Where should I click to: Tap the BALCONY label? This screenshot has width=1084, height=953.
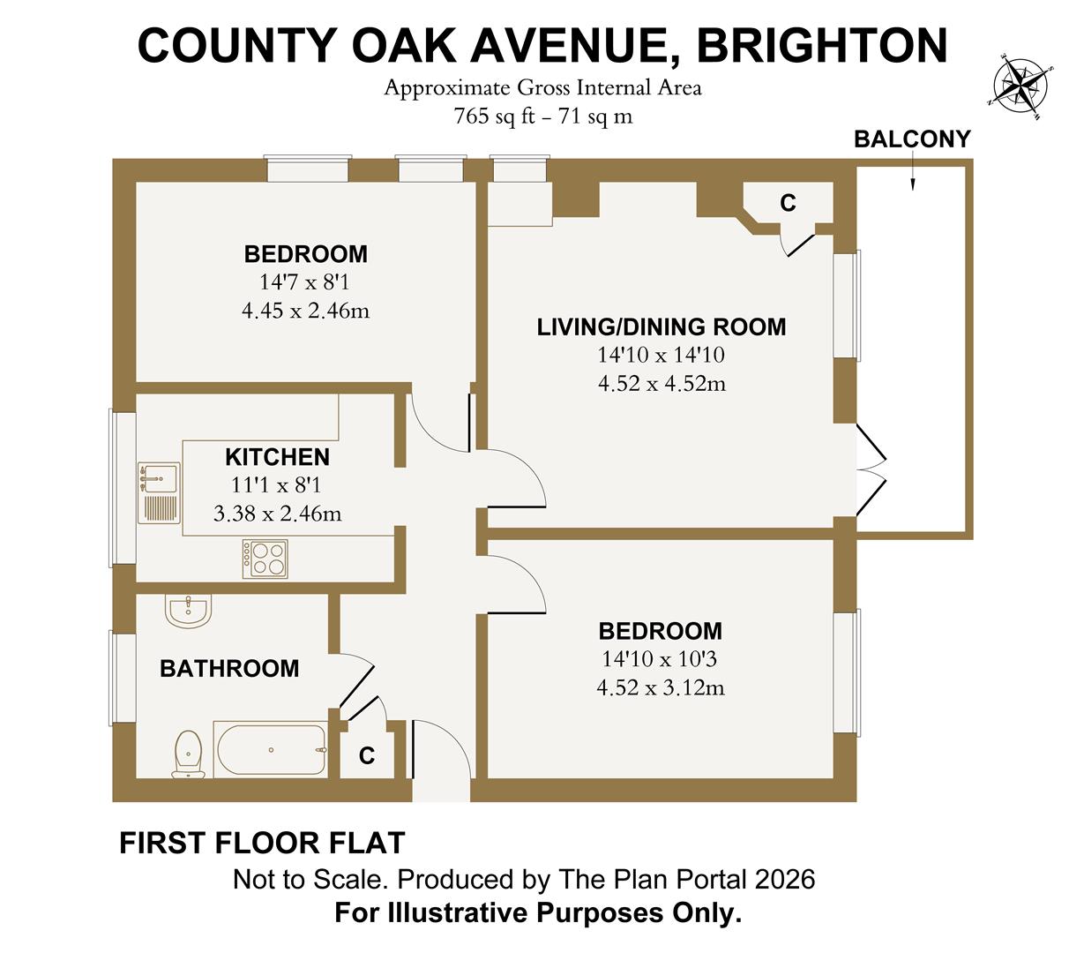point(912,139)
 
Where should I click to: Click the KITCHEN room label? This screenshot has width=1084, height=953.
point(277,457)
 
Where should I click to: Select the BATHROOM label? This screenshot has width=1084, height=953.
point(229,669)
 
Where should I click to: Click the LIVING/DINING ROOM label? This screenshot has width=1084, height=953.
point(662,327)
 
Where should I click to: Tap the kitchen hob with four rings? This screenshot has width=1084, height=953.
point(265,559)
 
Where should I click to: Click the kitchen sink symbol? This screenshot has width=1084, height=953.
point(159,494)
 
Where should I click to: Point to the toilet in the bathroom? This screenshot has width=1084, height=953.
point(189,754)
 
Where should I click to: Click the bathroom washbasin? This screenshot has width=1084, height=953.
point(187,610)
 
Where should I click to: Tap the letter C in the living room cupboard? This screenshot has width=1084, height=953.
point(788,204)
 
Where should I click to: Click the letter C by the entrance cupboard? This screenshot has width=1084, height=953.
point(367,756)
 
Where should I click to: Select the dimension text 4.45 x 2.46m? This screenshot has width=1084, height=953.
point(305,311)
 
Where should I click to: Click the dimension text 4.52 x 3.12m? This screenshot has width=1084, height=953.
point(661,687)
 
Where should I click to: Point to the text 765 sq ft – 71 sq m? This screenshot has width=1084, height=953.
point(542,116)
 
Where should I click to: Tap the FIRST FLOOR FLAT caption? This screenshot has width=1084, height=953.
point(262,844)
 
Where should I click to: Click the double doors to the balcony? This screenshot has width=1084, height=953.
point(871,471)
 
